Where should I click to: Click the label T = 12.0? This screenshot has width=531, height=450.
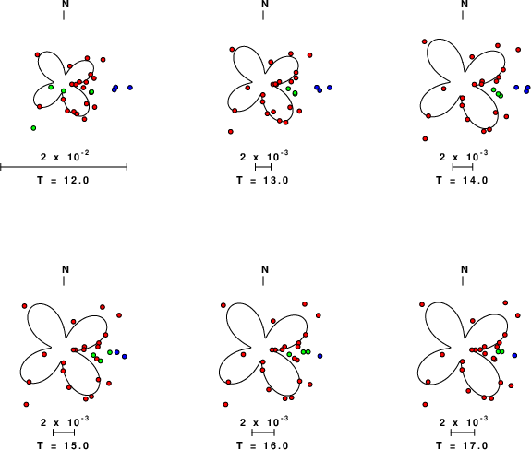point(63,180)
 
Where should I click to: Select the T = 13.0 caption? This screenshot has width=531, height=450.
point(262,180)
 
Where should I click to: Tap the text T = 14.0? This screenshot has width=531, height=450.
point(462,180)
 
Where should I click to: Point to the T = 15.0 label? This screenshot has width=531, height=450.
point(63,445)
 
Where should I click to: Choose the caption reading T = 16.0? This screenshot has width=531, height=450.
point(262,445)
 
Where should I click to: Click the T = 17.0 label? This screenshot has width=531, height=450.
point(462,445)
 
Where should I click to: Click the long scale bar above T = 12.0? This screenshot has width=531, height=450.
point(64,167)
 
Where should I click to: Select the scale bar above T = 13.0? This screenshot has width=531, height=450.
point(263,167)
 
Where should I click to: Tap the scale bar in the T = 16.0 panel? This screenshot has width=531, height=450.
point(263,432)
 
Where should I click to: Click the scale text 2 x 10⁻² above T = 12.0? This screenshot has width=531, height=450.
point(65,156)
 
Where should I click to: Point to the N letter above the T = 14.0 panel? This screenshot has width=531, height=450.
point(465,4)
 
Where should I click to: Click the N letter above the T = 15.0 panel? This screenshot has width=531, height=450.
point(66,269)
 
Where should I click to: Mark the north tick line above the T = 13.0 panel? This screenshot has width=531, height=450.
point(263,15)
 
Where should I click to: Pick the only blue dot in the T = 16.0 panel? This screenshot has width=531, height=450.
point(320,356)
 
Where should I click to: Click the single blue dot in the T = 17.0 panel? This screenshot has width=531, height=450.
point(514,356)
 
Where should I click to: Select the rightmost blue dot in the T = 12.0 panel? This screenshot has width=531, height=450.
point(130,88)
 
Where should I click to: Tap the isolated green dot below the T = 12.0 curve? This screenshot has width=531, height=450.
point(33,128)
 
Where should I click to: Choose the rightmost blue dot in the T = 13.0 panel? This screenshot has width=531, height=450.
point(330,88)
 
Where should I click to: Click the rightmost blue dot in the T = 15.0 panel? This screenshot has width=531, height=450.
point(125,356)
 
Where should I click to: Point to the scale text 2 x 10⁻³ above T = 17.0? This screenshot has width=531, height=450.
point(464,421)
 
